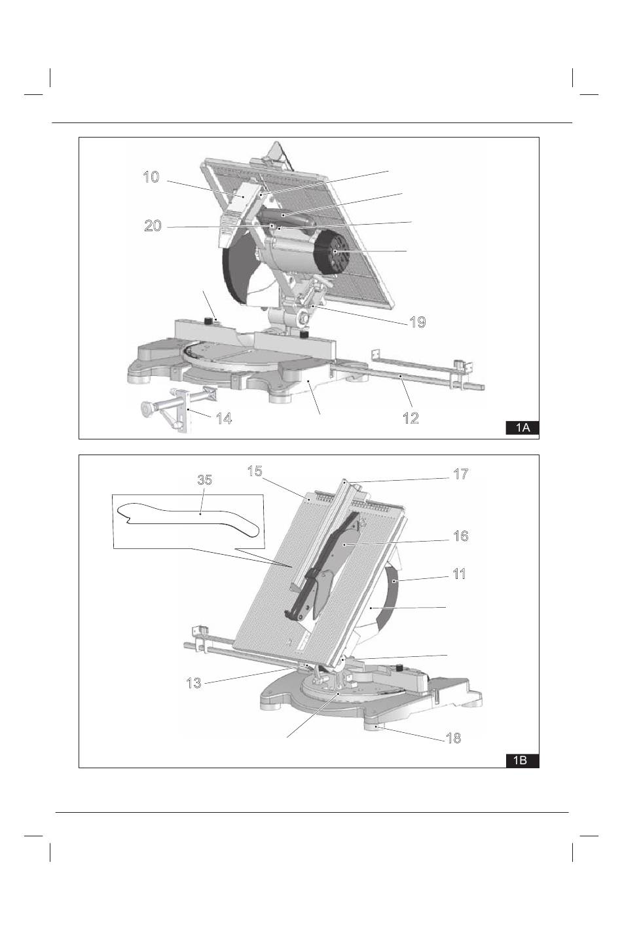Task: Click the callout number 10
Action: point(151,177)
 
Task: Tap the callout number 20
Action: point(153,225)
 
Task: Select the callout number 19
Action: point(418,322)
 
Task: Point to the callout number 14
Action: point(224,418)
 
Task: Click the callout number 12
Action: point(411,418)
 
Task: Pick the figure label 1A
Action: point(522,428)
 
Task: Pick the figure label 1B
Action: point(522,760)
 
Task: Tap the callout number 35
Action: point(204,480)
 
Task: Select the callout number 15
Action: point(255,472)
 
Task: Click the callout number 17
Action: point(460,474)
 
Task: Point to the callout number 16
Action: point(460,536)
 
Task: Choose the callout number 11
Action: point(459,574)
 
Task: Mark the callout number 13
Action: point(194,683)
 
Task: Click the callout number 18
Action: point(454,737)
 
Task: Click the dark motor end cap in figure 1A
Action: point(332,252)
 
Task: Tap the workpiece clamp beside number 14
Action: point(179,408)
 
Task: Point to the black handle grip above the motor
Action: point(286,218)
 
